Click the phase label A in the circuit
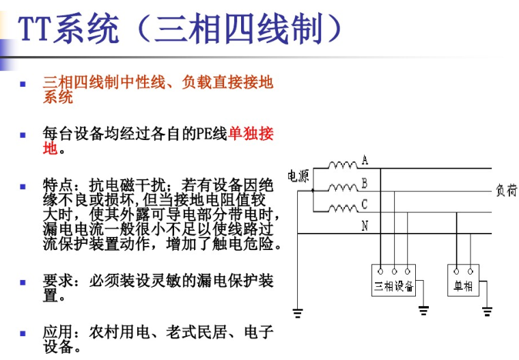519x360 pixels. [365, 161]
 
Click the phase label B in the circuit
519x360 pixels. [365, 182]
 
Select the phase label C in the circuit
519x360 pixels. [365, 204]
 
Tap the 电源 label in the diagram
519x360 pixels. [298, 177]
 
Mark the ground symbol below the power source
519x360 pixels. [298, 314]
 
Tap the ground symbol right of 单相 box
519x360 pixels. [487, 311]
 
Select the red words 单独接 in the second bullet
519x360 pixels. [251, 133]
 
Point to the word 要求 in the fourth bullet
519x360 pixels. [58, 281]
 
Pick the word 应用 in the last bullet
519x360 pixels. [58, 332]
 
